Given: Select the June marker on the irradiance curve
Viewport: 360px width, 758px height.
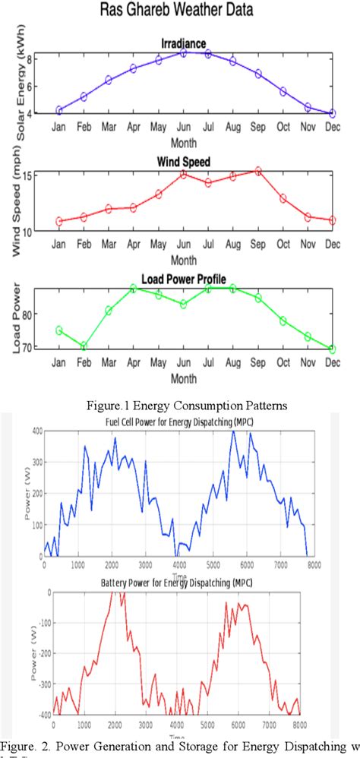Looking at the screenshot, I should click(x=184, y=53).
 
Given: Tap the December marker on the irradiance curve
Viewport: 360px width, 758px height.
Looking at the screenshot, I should click(x=333, y=113).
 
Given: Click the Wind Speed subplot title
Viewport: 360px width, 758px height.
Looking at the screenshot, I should click(x=184, y=162).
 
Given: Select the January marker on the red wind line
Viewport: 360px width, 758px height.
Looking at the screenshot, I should click(x=58, y=222).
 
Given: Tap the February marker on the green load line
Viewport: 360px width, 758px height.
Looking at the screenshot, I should click(x=84, y=346).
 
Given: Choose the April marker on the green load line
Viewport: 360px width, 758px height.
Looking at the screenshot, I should click(x=134, y=289).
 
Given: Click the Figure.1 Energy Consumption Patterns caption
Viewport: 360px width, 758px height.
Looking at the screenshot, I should click(x=180, y=405).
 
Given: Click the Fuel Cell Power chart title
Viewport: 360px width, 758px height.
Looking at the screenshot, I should click(x=179, y=422).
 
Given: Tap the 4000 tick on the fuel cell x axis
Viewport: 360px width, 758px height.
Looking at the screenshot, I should click(x=180, y=564).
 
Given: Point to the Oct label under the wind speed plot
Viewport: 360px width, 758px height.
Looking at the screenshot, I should click(x=283, y=245).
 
